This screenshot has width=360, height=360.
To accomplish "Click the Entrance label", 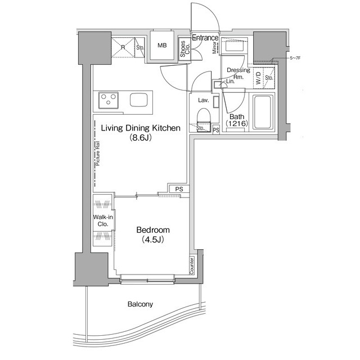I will pos(205,38).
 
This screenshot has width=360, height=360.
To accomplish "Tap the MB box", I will pos(162,46).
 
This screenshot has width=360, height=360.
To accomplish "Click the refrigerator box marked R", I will pos(123,46).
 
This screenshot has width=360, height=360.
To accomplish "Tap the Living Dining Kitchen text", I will pos(140,128).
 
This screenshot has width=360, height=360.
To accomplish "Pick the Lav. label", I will pos(203,100).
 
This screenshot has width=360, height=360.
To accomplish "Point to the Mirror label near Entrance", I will pos(215,49).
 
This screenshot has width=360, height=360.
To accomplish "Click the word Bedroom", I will pos(152,230).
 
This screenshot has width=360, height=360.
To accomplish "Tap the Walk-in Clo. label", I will pos(102,220).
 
